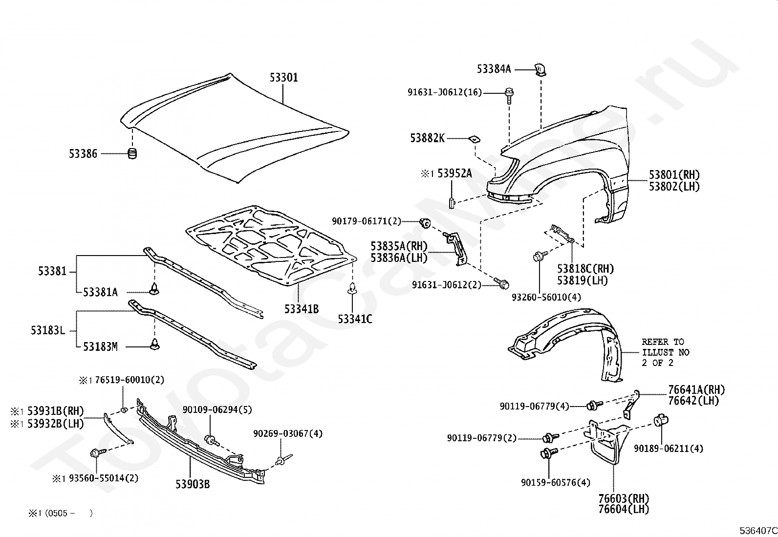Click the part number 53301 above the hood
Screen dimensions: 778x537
tap(284, 78)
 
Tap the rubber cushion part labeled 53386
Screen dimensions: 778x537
tap(132, 153)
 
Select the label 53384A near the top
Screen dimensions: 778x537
tap(494, 69)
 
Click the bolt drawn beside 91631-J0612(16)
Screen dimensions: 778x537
tap(509, 95)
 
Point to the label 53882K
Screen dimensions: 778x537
tap(427, 138)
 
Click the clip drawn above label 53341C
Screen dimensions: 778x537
tap(352, 288)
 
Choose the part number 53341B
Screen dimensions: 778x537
tap(302, 309)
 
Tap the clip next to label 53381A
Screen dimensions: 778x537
tap(154, 289)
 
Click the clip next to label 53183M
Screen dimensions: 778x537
tap(154, 344)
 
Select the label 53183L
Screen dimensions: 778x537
tap(48, 330)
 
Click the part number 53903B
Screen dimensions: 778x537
tap(193, 484)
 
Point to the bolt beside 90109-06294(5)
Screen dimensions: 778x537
tap(212, 440)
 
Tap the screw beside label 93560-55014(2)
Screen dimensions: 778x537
tap(98, 453)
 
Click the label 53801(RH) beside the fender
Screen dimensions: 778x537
tap(674, 175)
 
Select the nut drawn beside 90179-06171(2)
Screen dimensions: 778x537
tap(425, 223)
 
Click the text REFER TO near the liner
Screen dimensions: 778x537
tap(663, 342)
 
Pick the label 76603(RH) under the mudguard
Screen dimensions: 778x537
tap(624, 498)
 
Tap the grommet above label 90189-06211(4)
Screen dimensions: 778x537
tap(661, 420)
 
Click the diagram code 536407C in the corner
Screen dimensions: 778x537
tap(758, 531)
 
